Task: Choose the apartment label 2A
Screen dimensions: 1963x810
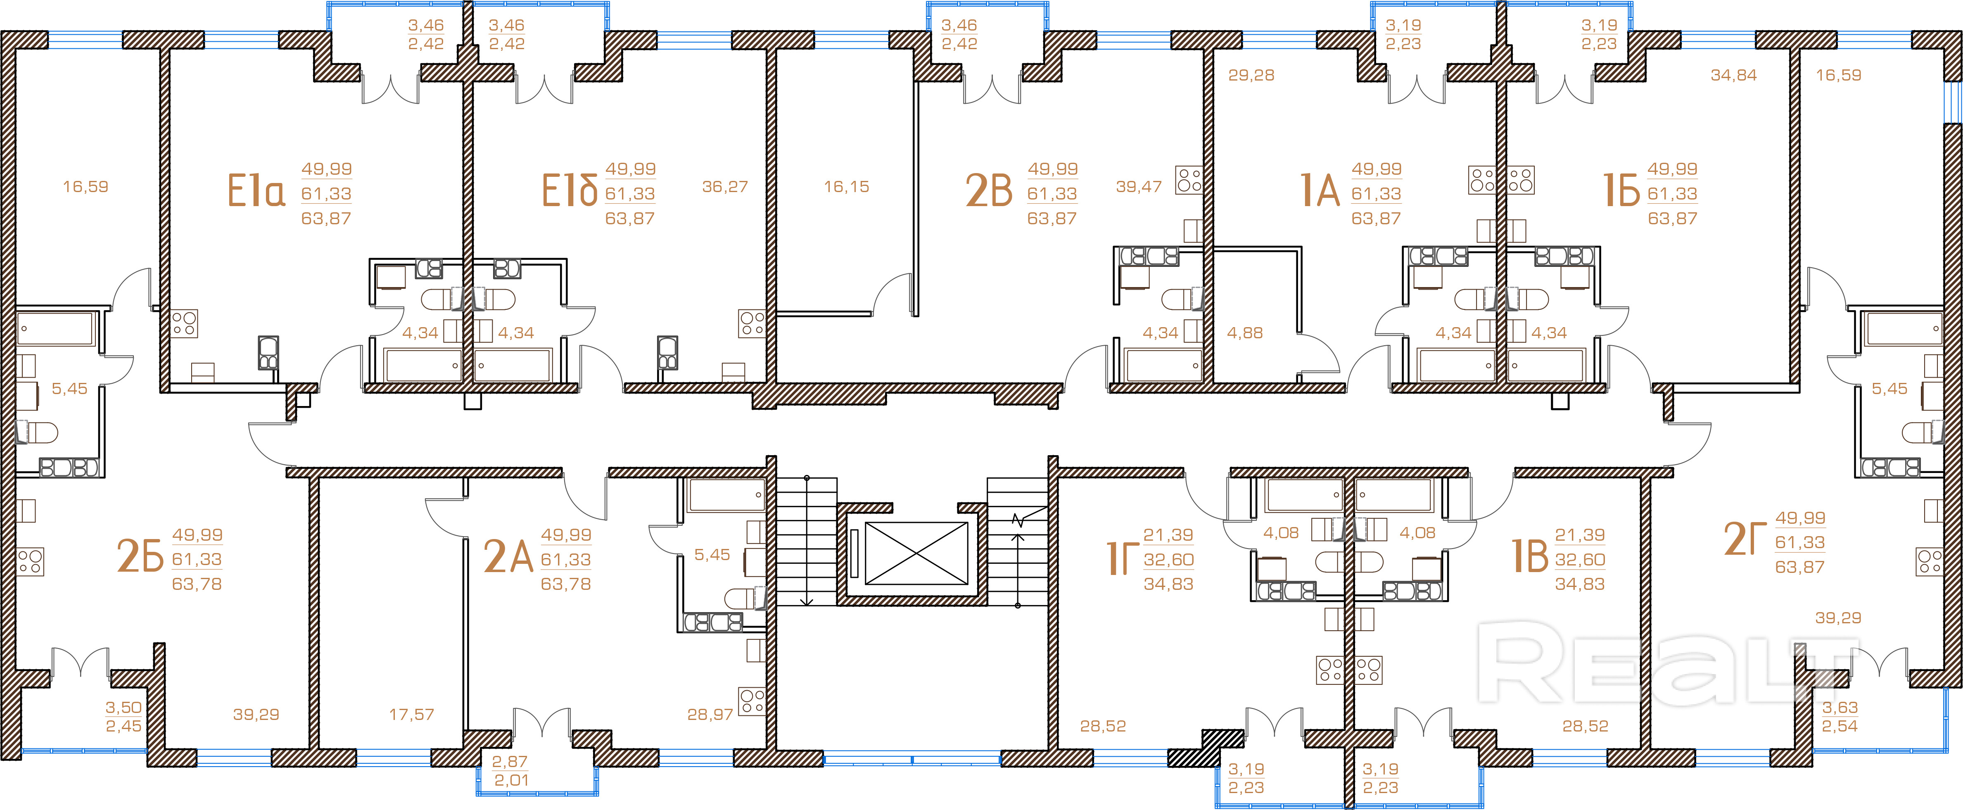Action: (508, 556)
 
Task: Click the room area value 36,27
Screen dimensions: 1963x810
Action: (725, 187)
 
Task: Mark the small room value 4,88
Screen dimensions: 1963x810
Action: (1244, 333)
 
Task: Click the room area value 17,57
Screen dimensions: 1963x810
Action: (411, 715)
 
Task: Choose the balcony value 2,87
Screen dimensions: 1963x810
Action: (510, 761)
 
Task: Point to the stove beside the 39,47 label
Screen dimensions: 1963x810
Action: (1189, 180)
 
